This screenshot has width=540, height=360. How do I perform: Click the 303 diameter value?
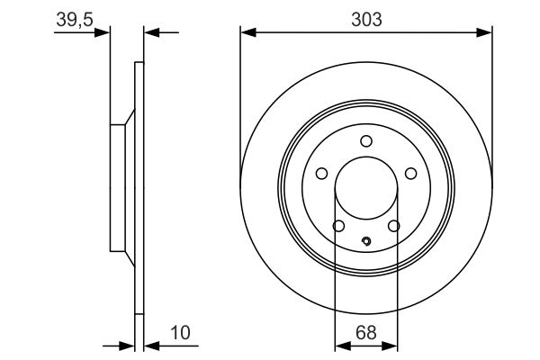pos(365,18)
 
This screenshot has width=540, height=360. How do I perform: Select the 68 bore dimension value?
pos(365,333)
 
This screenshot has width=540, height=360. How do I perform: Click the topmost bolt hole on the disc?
pos(365,140)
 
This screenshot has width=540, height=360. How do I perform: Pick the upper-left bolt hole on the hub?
pos(321,175)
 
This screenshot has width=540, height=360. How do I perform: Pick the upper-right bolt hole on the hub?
pos(410,175)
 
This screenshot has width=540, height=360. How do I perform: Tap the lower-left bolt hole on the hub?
pos(338,227)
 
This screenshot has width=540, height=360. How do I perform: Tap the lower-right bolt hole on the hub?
pos(393,227)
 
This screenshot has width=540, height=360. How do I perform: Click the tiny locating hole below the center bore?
pos(365,241)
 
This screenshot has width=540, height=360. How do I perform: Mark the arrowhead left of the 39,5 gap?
pos(103,33)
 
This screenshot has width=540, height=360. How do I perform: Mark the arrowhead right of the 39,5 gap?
pos(150,33)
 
